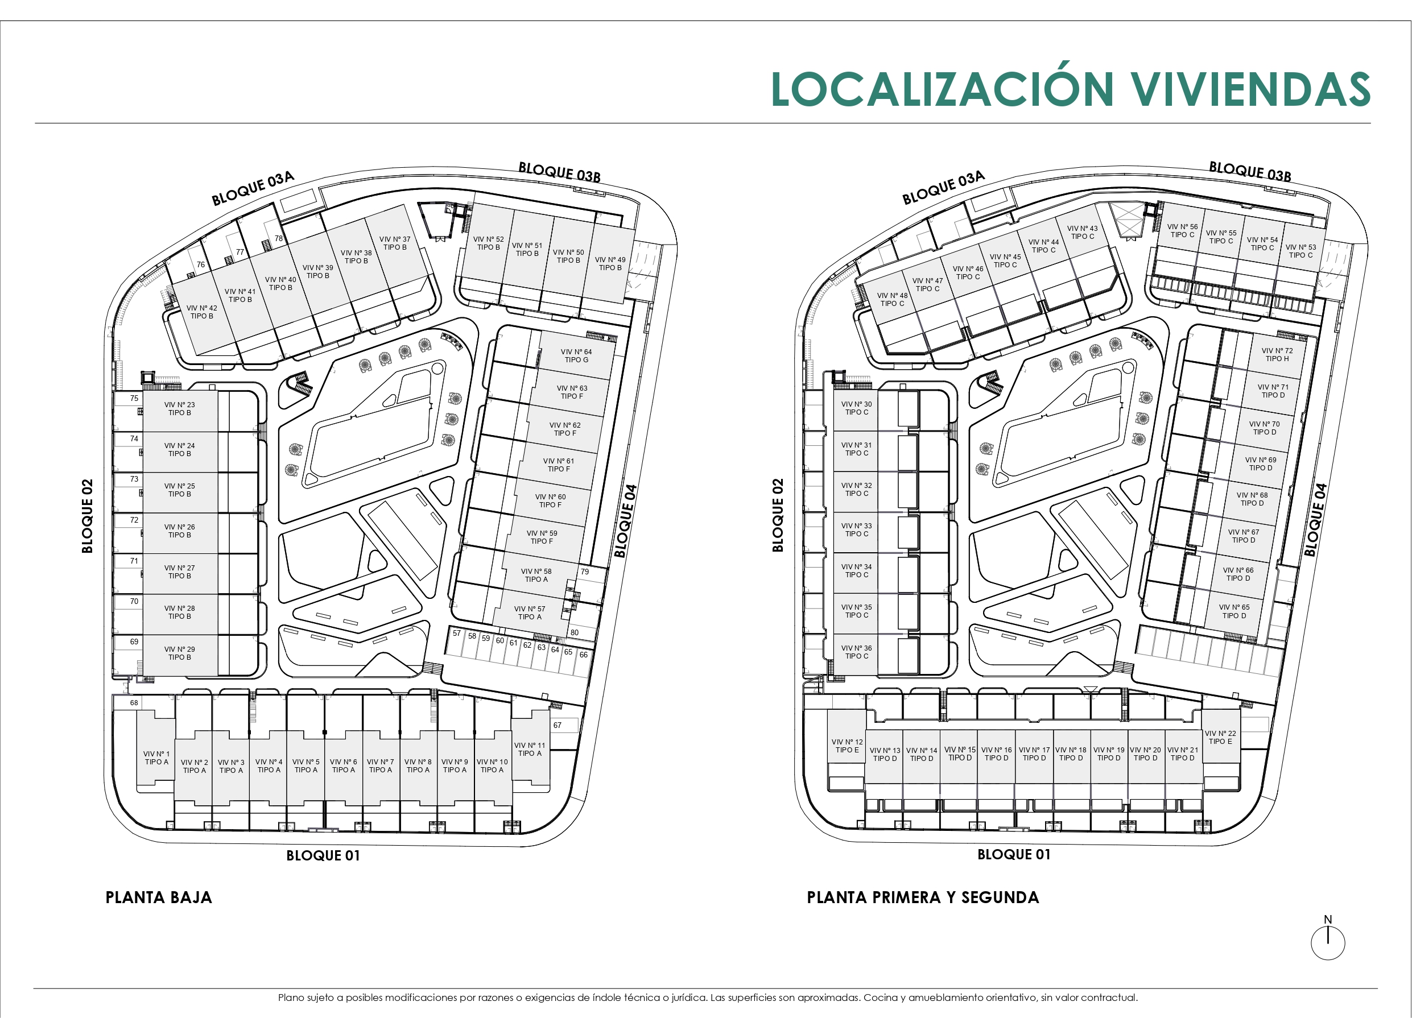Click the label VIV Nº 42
click(x=202, y=308)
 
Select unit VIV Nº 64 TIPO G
click(x=576, y=356)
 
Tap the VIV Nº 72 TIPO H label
click(x=1277, y=355)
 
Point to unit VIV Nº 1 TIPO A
click(x=156, y=758)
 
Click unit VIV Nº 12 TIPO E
click(x=847, y=746)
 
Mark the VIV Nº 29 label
click(x=179, y=649)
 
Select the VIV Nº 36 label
click(x=857, y=648)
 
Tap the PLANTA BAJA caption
click(x=159, y=897)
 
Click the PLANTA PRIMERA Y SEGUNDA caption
click(x=923, y=897)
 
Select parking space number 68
click(x=134, y=702)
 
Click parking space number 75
click(x=134, y=398)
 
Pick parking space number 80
click(x=574, y=632)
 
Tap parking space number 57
click(x=457, y=634)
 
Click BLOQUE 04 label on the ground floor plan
click(x=626, y=521)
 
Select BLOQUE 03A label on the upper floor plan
click(x=944, y=187)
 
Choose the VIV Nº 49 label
click(x=610, y=259)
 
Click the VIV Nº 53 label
click(x=1301, y=247)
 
